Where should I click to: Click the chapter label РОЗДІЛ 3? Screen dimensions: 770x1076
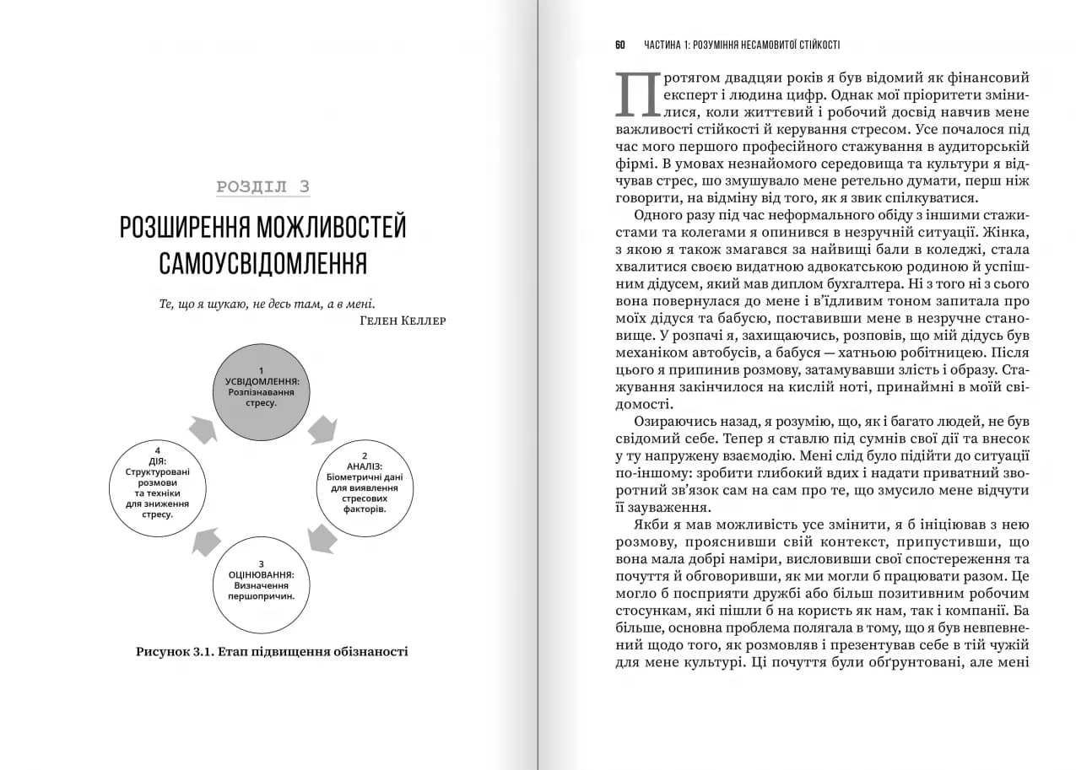click(262, 187)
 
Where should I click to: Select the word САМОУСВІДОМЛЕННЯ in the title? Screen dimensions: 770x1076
click(262, 262)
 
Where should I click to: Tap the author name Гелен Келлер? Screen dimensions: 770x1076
click(402, 320)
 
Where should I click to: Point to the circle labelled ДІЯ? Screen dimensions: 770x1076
click(160, 487)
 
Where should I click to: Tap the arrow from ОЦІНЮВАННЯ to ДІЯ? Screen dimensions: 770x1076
click(206, 541)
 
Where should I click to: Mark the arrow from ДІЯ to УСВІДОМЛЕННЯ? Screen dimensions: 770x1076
click(203, 429)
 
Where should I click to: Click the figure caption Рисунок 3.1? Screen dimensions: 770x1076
click(271, 651)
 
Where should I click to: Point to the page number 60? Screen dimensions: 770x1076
click(620, 45)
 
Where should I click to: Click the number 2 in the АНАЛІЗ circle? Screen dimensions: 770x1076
click(365, 455)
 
